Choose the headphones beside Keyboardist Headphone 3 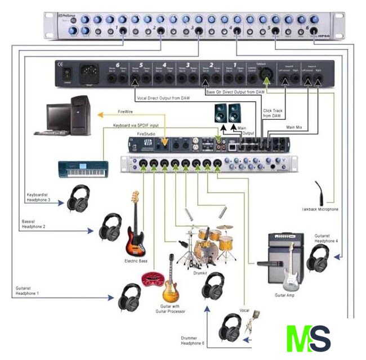click(79, 198)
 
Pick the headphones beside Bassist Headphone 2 click(110, 227)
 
